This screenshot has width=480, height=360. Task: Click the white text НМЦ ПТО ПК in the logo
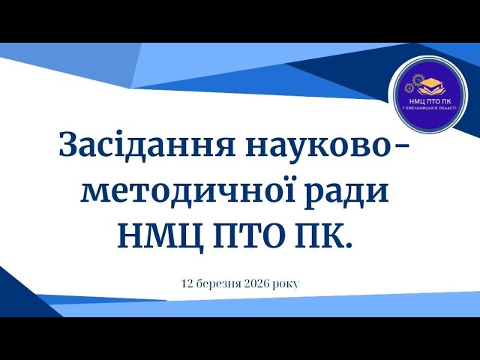click(428, 100)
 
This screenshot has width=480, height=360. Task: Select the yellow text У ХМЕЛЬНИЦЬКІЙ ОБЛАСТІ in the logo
click(428, 108)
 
